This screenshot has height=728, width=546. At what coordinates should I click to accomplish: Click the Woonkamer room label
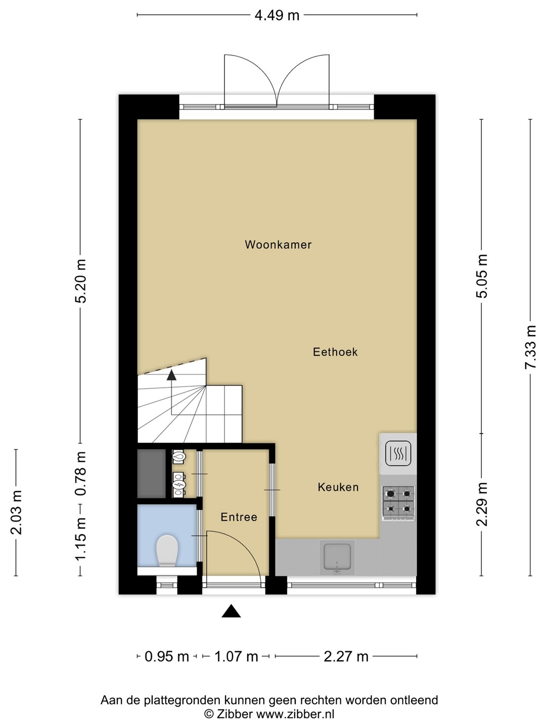[x=278, y=245]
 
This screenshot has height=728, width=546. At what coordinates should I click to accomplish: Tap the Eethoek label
[x=335, y=352]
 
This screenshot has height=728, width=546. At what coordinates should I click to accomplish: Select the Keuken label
[x=338, y=487]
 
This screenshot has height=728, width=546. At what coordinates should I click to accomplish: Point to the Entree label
[x=239, y=517]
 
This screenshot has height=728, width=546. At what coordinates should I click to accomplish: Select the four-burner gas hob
[x=398, y=503]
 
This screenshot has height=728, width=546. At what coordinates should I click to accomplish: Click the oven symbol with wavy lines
[x=398, y=453]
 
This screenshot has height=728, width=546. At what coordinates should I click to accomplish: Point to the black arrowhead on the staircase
[x=171, y=375]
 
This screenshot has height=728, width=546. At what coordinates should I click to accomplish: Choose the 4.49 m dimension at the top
[x=277, y=15]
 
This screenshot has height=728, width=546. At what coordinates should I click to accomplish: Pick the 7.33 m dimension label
[x=530, y=347]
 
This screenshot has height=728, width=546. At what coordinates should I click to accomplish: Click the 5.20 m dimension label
[x=80, y=281]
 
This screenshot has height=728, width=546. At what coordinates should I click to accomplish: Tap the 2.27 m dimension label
[x=346, y=656]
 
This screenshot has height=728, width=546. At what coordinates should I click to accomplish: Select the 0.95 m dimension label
[x=167, y=656]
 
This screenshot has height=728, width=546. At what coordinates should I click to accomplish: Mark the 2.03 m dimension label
[x=16, y=513]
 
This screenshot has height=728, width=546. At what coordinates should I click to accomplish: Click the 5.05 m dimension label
[x=482, y=276]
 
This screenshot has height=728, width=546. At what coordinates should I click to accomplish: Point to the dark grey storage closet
[x=152, y=473]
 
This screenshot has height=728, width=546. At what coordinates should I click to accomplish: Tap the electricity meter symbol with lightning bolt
[x=179, y=485]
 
